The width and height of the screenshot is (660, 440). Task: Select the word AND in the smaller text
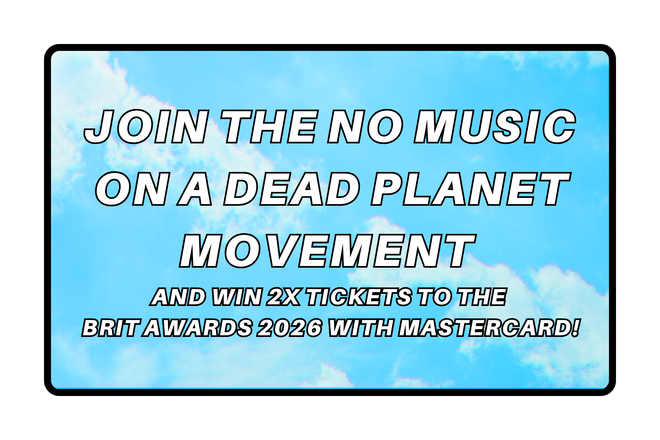tap(178, 297)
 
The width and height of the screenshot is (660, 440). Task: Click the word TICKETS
tap(359, 297)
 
